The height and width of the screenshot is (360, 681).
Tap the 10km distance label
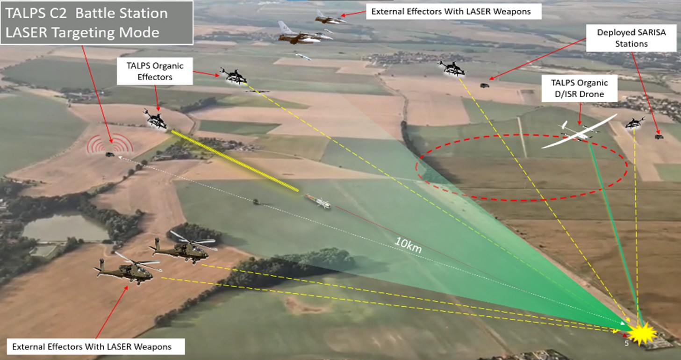[408, 245]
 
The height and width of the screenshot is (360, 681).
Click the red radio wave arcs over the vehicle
[110, 143]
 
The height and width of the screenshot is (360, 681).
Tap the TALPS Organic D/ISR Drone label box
[580, 88]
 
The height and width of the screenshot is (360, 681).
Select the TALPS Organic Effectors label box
[155, 71]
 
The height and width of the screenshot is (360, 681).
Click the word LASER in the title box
[27, 33]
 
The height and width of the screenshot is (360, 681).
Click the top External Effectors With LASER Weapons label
[453, 12]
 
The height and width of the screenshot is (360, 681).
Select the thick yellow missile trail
[235, 161]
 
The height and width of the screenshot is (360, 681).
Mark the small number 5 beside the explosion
[627, 343]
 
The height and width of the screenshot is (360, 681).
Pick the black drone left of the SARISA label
[452, 68]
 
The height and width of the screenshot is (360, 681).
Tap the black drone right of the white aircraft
[635, 123]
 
